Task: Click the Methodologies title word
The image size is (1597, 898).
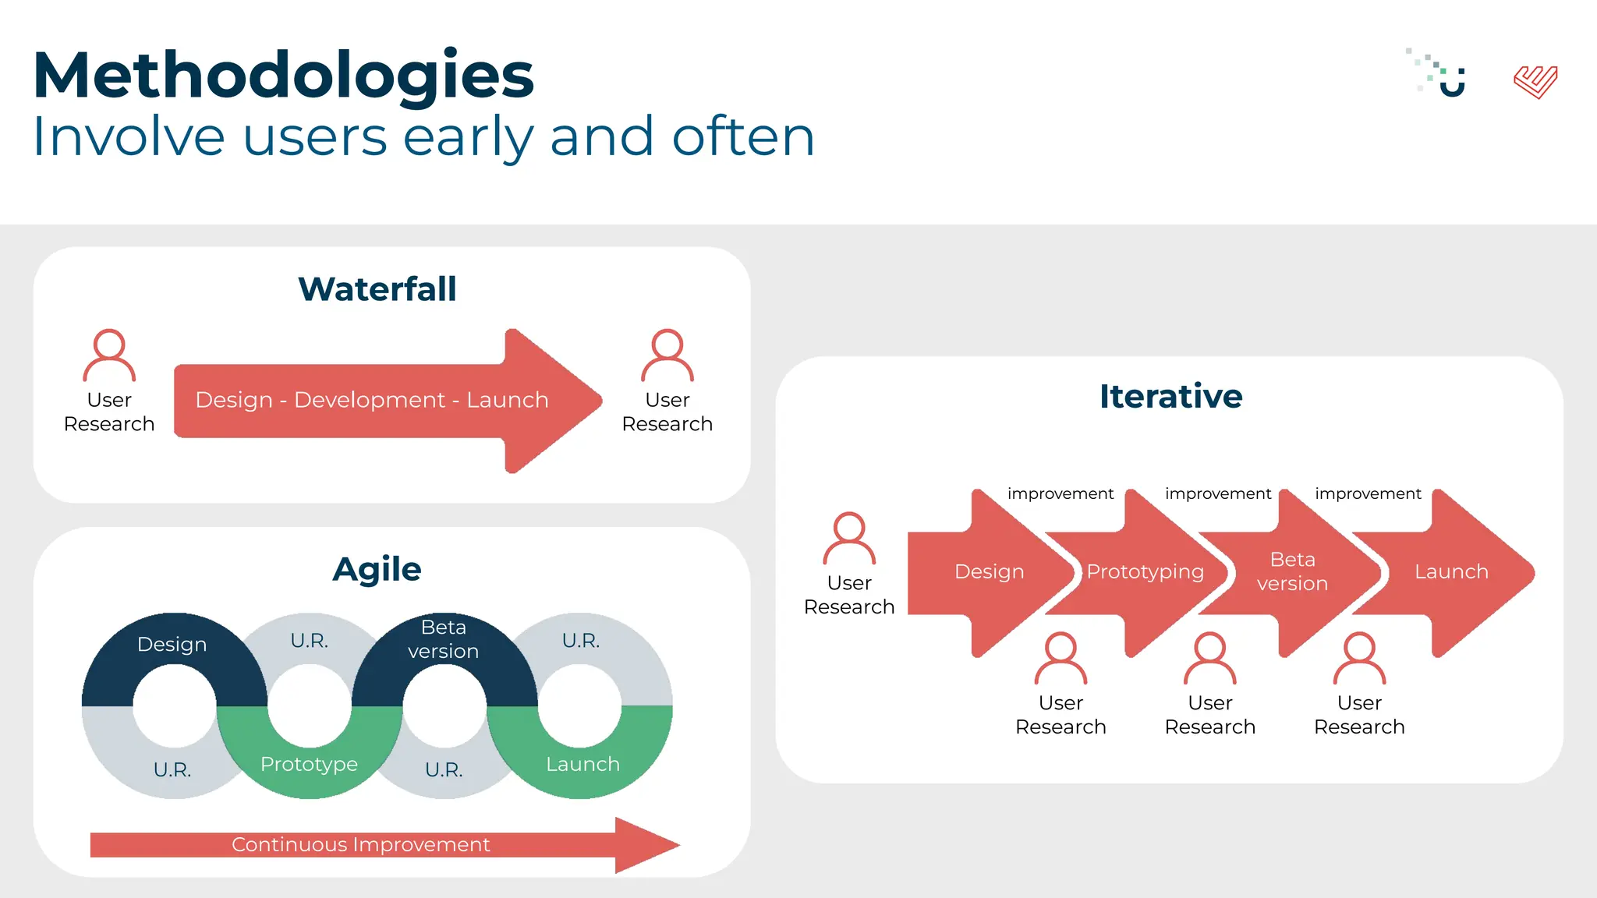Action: pyautogui.click(x=283, y=75)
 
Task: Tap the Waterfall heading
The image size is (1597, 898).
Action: pyautogui.click(x=377, y=289)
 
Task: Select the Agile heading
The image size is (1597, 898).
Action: pyautogui.click(x=377, y=569)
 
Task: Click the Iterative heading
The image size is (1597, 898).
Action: pyautogui.click(x=1170, y=396)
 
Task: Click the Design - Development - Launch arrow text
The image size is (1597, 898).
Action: pyautogui.click(x=372, y=400)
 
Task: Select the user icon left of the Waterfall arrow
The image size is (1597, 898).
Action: pyautogui.click(x=109, y=355)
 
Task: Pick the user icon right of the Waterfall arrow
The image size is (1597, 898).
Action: pyautogui.click(x=667, y=355)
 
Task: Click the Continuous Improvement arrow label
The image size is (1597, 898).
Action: pyautogui.click(x=360, y=845)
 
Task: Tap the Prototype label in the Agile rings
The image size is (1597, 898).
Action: pyautogui.click(x=309, y=764)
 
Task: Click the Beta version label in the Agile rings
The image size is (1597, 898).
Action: pyautogui.click(x=444, y=639)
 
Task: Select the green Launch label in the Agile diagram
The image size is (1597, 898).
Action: pyautogui.click(x=582, y=764)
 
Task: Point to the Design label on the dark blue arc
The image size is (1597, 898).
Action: pyautogui.click(x=172, y=645)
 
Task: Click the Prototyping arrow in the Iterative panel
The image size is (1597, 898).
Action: pyautogui.click(x=1145, y=572)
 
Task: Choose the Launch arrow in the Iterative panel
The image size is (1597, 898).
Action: pyautogui.click(x=1451, y=572)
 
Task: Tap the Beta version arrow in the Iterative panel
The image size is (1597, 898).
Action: pyautogui.click(x=1292, y=571)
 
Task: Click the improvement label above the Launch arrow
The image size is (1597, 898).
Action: pyautogui.click(x=1368, y=493)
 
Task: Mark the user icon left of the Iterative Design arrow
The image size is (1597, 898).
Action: pyautogui.click(x=849, y=539)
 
